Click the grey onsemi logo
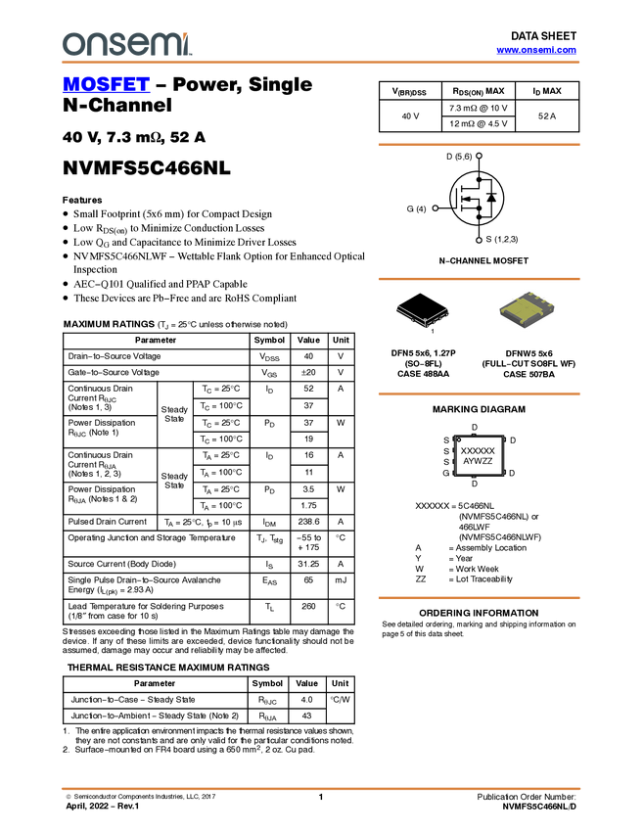coord(125,44)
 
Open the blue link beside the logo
coord(536,50)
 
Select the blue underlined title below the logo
coord(106,84)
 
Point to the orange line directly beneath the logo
coord(321,63)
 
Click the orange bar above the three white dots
coord(479,145)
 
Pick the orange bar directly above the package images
coord(479,279)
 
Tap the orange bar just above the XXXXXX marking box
coord(479,394)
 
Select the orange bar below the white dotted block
coord(479,597)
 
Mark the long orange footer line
coord(321,788)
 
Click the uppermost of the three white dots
coord(479,156)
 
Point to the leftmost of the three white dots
coord(435,208)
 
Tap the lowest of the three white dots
coord(479,240)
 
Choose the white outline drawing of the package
coord(423,315)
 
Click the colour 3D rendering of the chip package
coord(527,310)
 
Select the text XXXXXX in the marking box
coord(479,450)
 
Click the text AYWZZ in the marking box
coord(479,461)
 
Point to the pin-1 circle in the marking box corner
coord(459,439)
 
